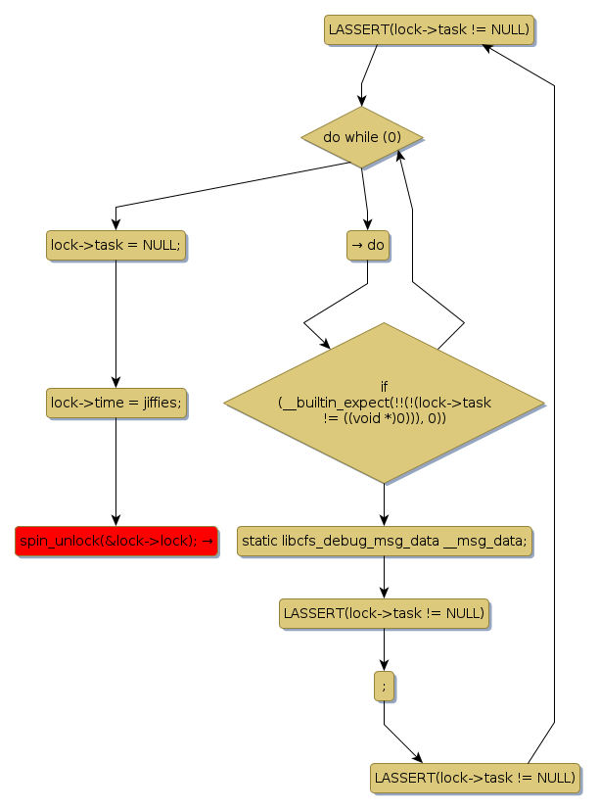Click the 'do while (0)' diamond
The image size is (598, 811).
[361, 137]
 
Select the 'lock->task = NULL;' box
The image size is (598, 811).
[115, 245]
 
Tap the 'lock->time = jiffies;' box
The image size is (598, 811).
[115, 403]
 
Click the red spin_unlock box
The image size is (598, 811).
[115, 541]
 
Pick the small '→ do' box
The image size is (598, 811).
[368, 245]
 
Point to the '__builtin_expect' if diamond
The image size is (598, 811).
[384, 403]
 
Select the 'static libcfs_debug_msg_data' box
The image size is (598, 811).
[384, 541]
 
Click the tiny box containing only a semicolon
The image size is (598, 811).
[384, 687]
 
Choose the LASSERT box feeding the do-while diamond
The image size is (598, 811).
[430, 29]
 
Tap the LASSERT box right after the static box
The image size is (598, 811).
[384, 614]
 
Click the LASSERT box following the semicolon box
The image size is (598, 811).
[475, 778]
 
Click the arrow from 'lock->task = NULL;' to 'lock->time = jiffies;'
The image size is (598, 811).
[115, 323]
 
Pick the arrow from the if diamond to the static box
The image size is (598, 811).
[384, 504]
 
